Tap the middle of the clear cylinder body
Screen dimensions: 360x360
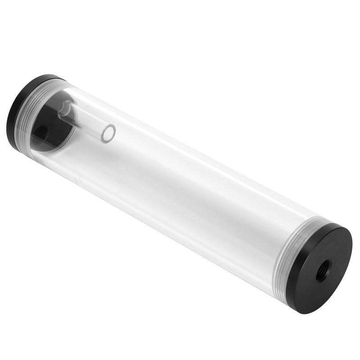tap(180, 180)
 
